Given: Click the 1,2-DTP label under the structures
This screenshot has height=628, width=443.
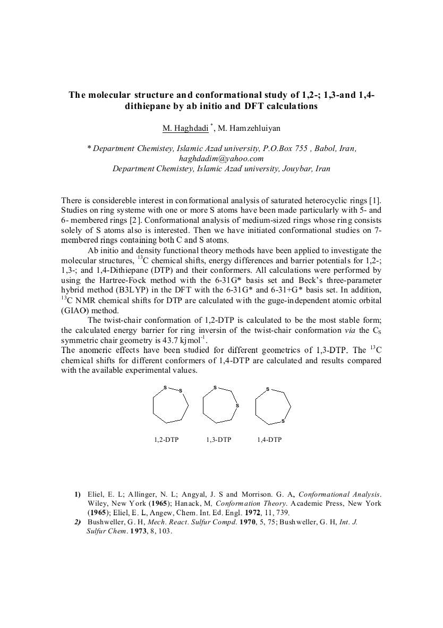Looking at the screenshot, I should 165,440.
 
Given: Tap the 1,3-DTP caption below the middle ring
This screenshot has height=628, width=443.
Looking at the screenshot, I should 218,440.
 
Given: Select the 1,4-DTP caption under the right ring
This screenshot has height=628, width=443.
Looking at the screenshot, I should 269,440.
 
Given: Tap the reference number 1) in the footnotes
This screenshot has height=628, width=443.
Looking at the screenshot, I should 78,494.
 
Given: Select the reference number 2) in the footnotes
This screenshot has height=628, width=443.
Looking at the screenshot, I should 78,522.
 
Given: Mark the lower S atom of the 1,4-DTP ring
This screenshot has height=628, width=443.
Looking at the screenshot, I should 283,421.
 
